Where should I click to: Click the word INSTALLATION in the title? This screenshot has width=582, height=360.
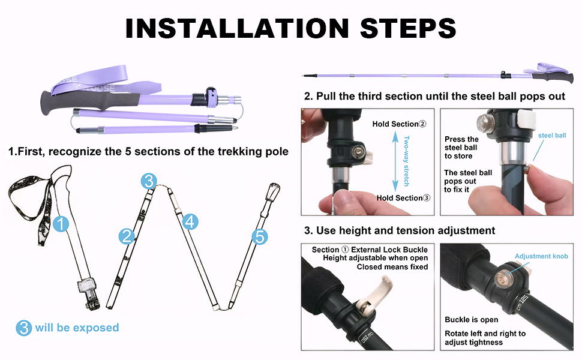(237, 28)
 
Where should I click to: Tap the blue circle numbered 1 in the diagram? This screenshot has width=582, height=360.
(61, 224)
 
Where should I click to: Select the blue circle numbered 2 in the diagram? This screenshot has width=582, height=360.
(127, 236)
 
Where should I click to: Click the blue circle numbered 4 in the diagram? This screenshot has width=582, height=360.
(190, 221)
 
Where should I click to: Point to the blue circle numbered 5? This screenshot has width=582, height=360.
(260, 236)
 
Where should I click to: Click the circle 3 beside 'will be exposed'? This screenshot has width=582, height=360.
(24, 328)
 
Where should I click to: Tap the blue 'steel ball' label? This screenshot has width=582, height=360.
(552, 136)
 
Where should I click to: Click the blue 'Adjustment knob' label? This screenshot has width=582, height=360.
(541, 256)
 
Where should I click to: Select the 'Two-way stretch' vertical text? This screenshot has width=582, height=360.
(407, 161)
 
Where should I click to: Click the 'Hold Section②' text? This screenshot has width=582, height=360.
(400, 124)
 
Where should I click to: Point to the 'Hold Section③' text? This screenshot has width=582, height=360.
(403, 198)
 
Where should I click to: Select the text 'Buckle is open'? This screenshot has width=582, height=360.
(472, 320)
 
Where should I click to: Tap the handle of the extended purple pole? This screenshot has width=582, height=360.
(553, 78)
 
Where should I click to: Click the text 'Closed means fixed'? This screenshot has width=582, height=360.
(392, 267)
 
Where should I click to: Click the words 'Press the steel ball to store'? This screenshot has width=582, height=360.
(461, 148)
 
